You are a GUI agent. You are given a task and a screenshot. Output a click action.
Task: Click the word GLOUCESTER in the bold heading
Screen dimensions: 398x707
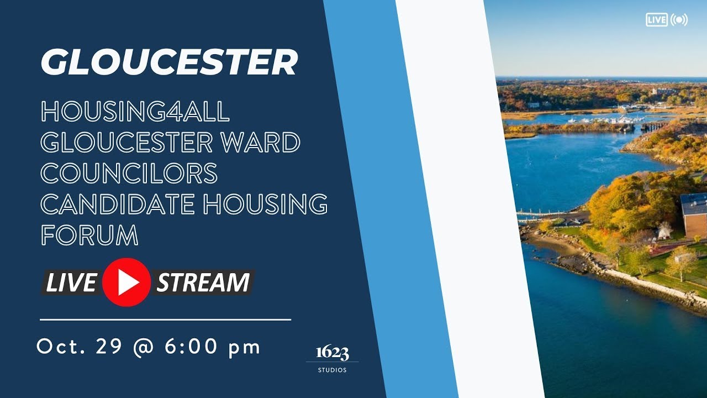[169, 62]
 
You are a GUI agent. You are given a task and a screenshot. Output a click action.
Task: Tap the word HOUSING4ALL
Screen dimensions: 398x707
[135, 113]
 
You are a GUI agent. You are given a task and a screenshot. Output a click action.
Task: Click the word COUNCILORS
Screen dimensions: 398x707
[129, 174]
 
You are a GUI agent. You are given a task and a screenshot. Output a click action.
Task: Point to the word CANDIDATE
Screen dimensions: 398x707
[117, 205]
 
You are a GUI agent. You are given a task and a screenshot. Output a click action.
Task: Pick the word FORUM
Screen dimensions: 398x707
[89, 235]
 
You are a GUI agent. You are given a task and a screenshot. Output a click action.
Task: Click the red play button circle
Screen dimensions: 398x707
[126, 282]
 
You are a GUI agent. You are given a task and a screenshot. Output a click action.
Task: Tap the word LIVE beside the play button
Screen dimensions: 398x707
[71, 282]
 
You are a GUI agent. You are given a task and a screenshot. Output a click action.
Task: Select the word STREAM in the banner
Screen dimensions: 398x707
[203, 282]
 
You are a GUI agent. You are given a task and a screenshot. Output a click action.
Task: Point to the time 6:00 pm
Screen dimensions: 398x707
[213, 347]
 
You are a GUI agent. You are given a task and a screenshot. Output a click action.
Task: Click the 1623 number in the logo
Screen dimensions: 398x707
[332, 353]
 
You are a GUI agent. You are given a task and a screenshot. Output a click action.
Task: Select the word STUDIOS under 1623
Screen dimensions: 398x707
[332, 370]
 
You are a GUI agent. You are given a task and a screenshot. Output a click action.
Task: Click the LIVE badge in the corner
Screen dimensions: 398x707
[657, 20]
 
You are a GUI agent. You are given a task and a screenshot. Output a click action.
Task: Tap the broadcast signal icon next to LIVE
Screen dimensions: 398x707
[679, 20]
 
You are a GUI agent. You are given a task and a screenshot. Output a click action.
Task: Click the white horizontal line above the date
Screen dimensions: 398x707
[165, 320]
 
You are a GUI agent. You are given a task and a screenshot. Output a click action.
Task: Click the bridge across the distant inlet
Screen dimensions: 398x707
[655, 126]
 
